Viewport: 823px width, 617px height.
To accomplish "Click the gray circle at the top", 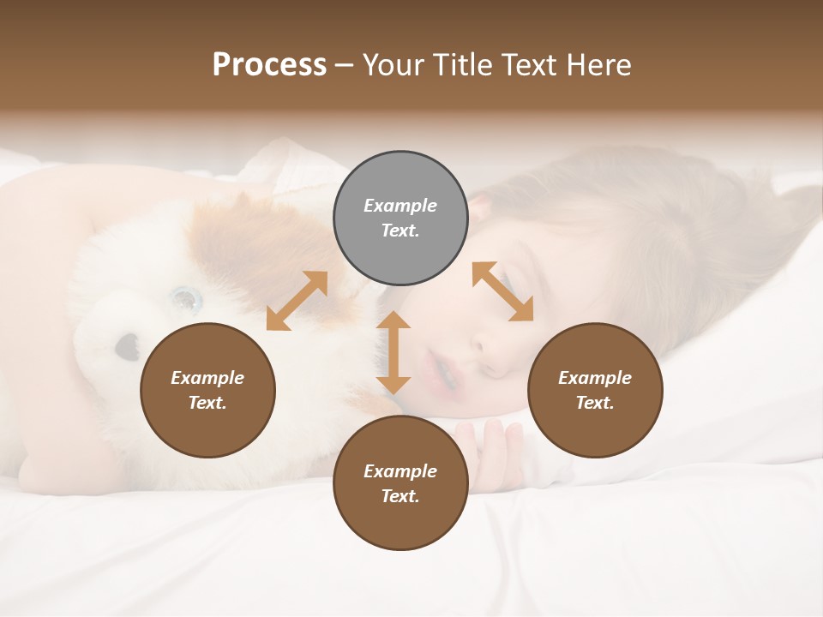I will pyautogui.click(x=400, y=219).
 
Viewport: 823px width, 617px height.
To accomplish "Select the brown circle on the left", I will pyautogui.click(x=207, y=391).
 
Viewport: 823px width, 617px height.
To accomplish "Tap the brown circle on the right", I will pyautogui.click(x=595, y=391).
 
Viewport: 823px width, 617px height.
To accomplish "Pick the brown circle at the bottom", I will pyautogui.click(x=400, y=483).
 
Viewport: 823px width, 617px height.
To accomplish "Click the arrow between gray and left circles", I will pyautogui.click(x=297, y=301).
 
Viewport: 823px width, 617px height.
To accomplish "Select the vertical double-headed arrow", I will pyautogui.click(x=393, y=352).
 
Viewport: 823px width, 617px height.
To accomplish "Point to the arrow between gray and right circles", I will pyautogui.click(x=503, y=291).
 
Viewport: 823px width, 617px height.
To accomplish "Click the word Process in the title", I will pyautogui.click(x=269, y=65).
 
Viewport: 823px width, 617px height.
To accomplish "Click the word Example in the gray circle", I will pyautogui.click(x=400, y=206).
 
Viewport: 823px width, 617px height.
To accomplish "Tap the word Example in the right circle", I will pyautogui.click(x=595, y=378).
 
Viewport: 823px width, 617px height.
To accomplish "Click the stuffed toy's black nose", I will pyautogui.click(x=128, y=345).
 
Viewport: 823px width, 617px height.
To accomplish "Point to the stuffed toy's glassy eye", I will pyautogui.click(x=184, y=299).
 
